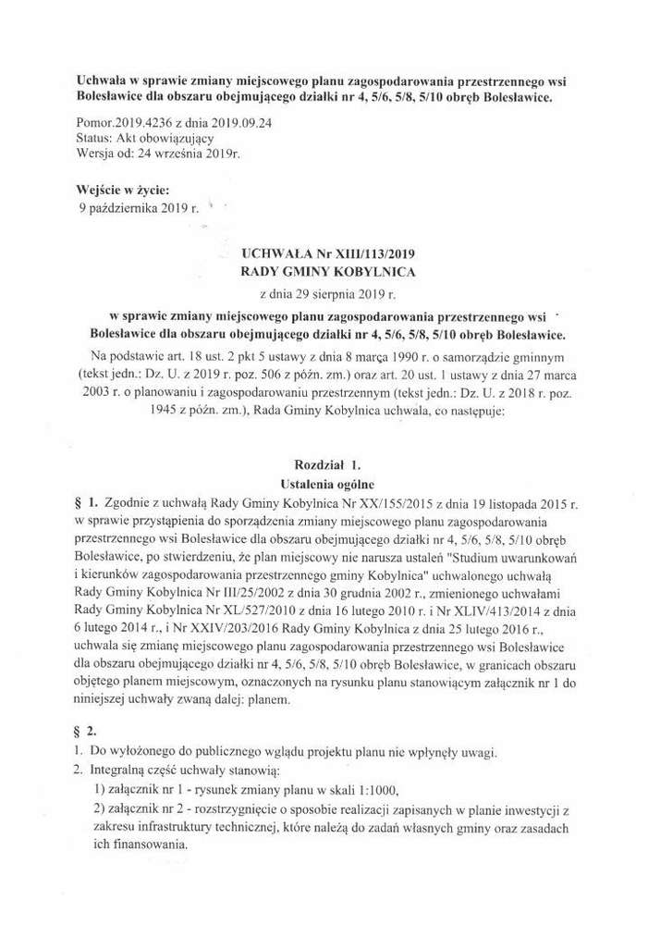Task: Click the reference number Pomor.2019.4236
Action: (122, 122)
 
